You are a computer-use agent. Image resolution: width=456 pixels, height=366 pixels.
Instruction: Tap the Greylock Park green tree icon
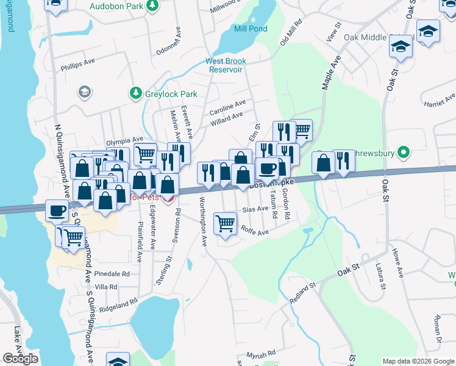(x=135, y=94)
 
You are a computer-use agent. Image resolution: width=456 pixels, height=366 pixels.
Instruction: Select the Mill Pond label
(x=250, y=28)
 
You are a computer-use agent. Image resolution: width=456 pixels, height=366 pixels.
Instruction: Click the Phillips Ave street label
(x=78, y=62)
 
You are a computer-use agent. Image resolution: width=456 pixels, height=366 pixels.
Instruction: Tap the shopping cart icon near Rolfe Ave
(x=226, y=224)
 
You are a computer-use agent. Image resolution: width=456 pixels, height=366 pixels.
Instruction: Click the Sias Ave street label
(x=255, y=209)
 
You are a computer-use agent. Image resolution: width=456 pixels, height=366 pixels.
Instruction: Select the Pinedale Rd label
(x=113, y=274)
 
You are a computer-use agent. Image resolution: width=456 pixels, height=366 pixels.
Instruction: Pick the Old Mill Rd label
(x=291, y=34)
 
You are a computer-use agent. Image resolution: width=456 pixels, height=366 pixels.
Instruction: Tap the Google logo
(x=20, y=359)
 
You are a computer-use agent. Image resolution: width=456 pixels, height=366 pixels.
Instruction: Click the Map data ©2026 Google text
(x=418, y=361)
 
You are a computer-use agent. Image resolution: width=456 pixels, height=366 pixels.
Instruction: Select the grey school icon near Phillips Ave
(x=84, y=92)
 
